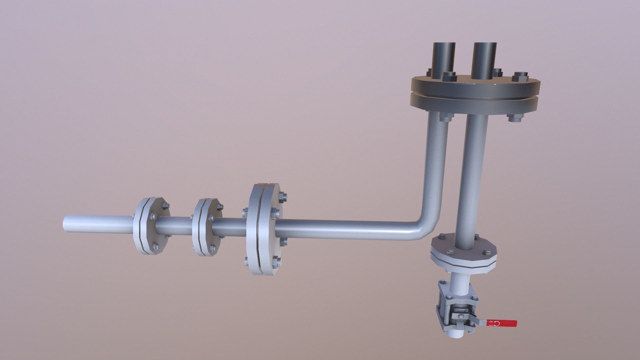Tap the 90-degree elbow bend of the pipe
click(x=425, y=227)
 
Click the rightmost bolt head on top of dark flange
click(x=520, y=77)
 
